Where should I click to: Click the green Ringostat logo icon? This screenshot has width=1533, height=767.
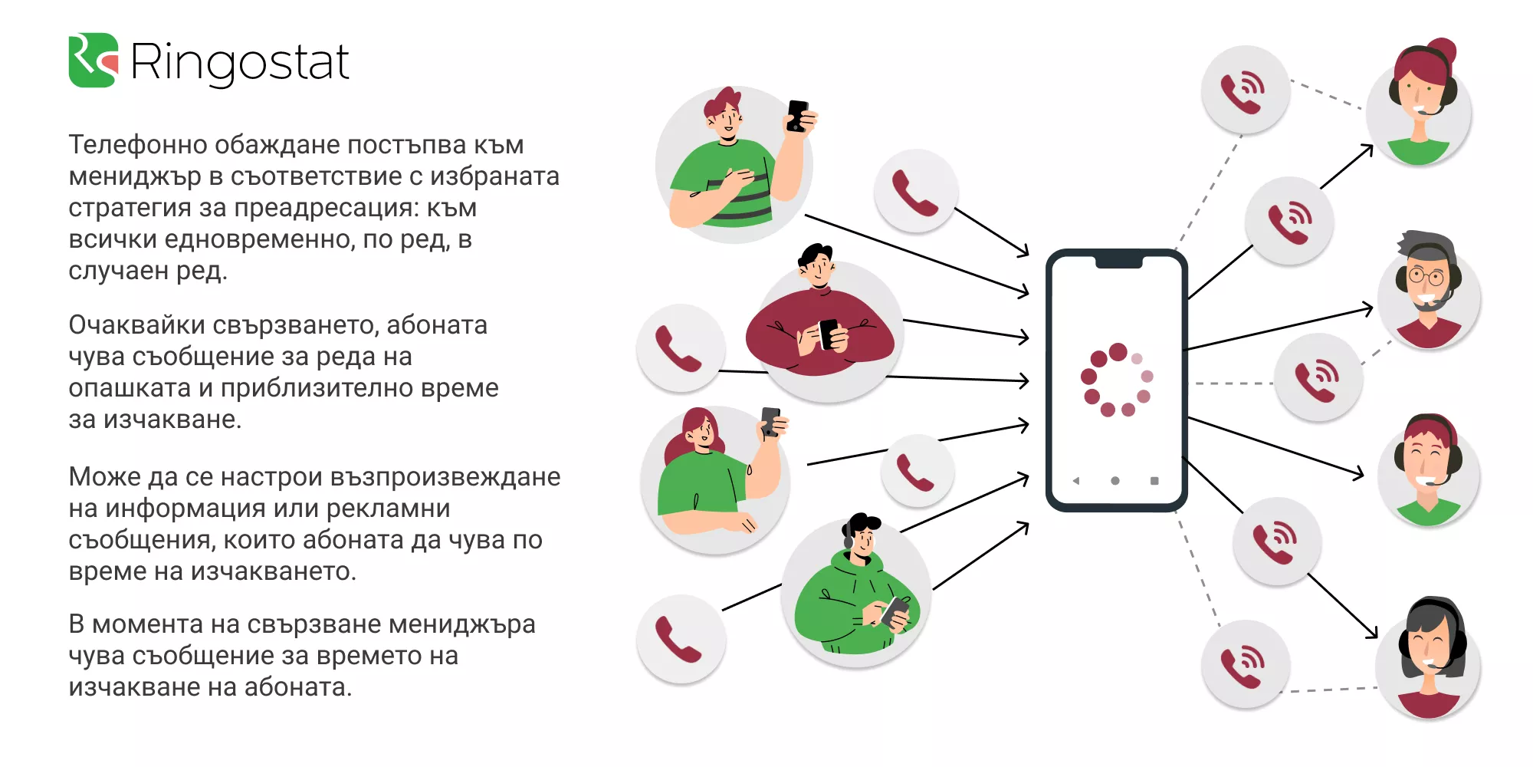pyautogui.click(x=94, y=60)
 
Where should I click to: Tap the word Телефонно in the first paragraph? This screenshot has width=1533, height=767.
pyautogui.click(x=137, y=144)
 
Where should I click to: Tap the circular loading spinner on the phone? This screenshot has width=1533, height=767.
pyautogui.click(x=1117, y=379)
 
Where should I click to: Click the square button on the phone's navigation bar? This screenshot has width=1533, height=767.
pyautogui.click(x=1154, y=481)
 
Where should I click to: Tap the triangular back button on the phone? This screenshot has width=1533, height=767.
pyautogui.click(x=1076, y=481)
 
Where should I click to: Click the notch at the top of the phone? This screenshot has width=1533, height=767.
pyautogui.click(x=1119, y=262)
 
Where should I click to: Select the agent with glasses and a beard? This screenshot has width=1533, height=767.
pyautogui.click(x=1428, y=290)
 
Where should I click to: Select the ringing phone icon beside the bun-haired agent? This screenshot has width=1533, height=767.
pyautogui.click(x=1246, y=89)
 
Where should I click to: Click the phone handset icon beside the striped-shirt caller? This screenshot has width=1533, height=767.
pyautogui.click(x=916, y=191)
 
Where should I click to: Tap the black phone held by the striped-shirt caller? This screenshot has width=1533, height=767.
pyautogui.click(x=797, y=116)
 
